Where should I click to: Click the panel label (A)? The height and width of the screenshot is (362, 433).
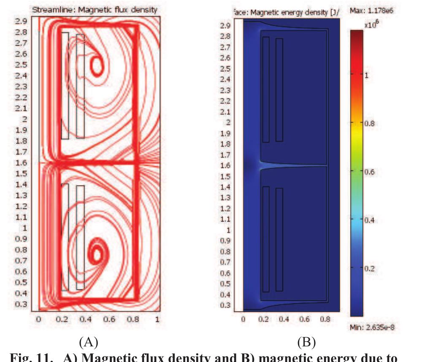pos(89,341)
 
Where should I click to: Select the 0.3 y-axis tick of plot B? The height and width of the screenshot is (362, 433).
pos(225,305)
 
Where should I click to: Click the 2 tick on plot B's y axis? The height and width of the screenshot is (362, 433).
pos(228,122)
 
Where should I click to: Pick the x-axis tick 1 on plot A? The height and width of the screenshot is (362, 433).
pos(157,319)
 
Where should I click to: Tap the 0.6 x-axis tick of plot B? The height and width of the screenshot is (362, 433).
pos(304,319)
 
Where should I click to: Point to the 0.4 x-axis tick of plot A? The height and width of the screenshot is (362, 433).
pos(86,319)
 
